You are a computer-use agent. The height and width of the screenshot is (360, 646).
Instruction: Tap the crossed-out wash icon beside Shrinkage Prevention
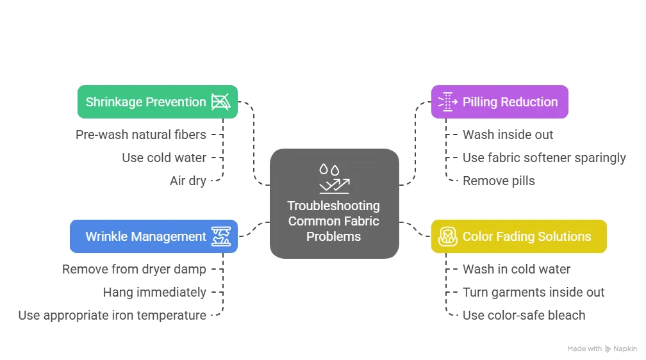(220, 102)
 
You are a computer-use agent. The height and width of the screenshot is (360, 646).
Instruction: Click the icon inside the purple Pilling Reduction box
(447, 102)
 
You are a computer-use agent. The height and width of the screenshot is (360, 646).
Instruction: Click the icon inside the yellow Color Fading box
(447, 236)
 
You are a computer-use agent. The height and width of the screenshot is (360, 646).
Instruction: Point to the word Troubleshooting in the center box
(333, 206)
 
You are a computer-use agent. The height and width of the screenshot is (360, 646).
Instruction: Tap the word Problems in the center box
(333, 236)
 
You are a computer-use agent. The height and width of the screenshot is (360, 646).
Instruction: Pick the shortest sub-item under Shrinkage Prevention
(187, 183)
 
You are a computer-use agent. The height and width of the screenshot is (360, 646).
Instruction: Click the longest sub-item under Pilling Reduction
(542, 159)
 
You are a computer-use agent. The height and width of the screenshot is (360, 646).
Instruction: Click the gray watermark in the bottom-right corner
(601, 348)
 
